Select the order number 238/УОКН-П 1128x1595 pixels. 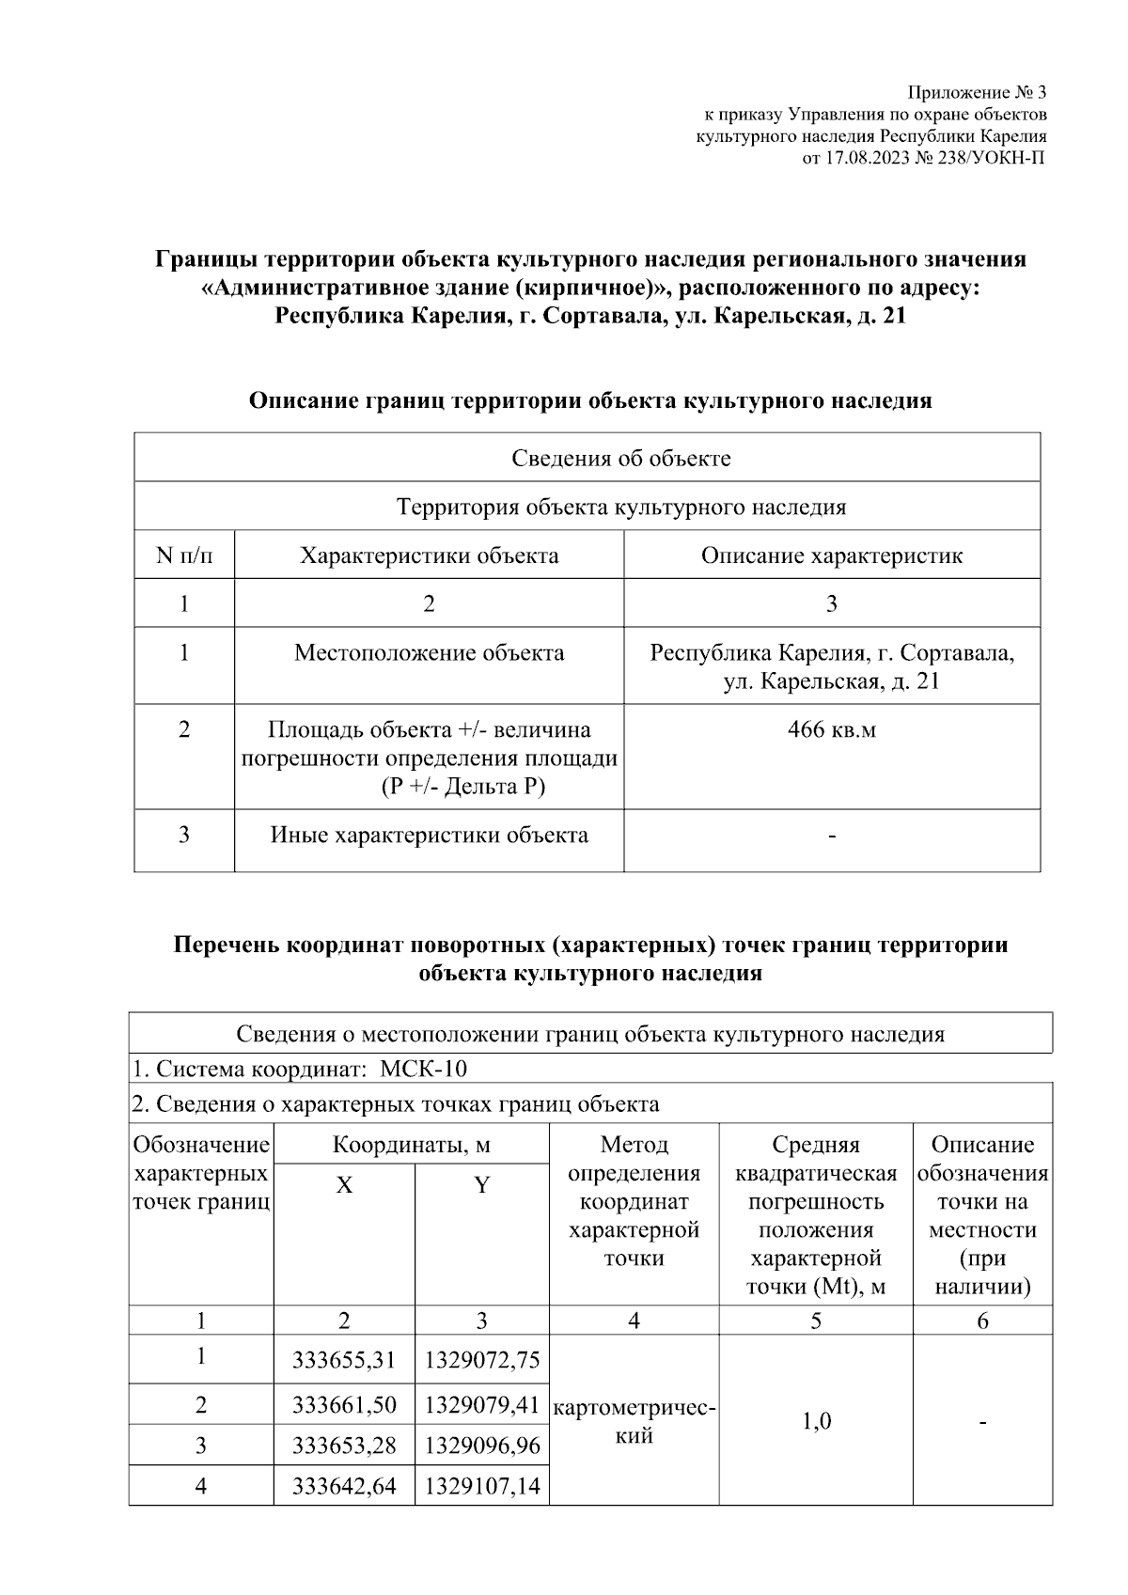[x=990, y=158]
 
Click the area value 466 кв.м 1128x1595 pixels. [x=831, y=729]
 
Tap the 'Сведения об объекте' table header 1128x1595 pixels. [x=620, y=458]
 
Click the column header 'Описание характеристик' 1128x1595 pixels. [x=831, y=555]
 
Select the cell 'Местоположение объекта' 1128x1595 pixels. [x=429, y=652]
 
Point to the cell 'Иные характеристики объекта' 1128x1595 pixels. [x=429, y=835]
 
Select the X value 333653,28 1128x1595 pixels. [x=344, y=1445]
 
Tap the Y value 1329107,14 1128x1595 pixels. [x=481, y=1486]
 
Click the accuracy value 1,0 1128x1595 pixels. [x=815, y=1421]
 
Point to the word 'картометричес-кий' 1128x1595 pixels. [x=634, y=1421]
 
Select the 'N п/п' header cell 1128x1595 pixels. [x=184, y=555]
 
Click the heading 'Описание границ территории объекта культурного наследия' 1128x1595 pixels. [x=589, y=401]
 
